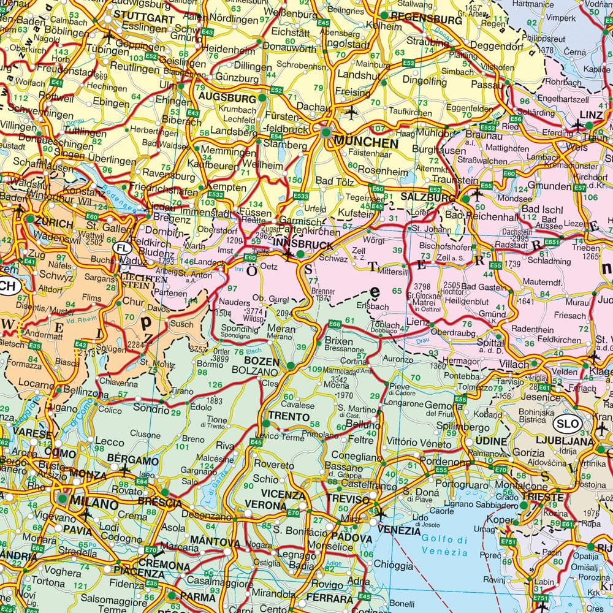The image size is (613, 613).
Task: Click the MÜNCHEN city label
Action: pyautogui.click(x=366, y=142)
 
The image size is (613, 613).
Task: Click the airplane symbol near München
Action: pyautogui.click(x=351, y=112)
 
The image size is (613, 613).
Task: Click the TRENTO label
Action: pyautogui.click(x=289, y=417)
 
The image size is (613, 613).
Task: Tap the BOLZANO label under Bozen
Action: pyautogui.click(x=256, y=371)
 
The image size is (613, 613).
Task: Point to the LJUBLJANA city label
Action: pyautogui.click(x=555, y=441)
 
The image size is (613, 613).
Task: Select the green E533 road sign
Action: pyautogui.click(x=301, y=196)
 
